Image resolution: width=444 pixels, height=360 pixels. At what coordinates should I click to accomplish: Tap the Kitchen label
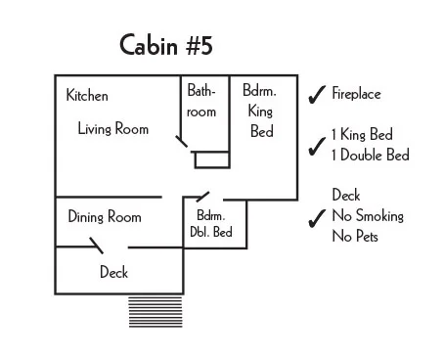(87, 96)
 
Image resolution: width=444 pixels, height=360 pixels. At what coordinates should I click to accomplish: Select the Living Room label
(113, 128)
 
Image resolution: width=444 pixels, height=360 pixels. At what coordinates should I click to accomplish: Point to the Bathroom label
(201, 101)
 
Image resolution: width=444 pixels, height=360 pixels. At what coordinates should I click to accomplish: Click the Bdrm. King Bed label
(261, 111)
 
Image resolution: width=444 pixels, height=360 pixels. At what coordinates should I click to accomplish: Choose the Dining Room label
(105, 217)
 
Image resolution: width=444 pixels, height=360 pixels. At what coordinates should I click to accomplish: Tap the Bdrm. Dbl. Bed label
(211, 224)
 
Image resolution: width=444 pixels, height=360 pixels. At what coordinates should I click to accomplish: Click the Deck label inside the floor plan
(113, 273)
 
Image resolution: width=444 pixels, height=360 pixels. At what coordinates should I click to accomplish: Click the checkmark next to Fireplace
(317, 95)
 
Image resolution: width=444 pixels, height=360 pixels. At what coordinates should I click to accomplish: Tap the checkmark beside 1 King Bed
(317, 147)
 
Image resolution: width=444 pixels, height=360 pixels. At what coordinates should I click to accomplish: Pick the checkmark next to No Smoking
(317, 218)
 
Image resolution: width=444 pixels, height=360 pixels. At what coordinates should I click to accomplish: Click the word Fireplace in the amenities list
(356, 95)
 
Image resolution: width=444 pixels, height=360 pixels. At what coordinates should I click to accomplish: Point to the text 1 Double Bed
(370, 155)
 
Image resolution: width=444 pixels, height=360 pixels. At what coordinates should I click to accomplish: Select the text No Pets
(355, 236)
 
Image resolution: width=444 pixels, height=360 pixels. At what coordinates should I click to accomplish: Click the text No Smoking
(368, 216)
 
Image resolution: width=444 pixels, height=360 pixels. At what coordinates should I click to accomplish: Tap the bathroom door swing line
(183, 143)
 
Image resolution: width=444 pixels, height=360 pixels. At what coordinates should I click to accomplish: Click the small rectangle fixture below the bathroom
(210, 159)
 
